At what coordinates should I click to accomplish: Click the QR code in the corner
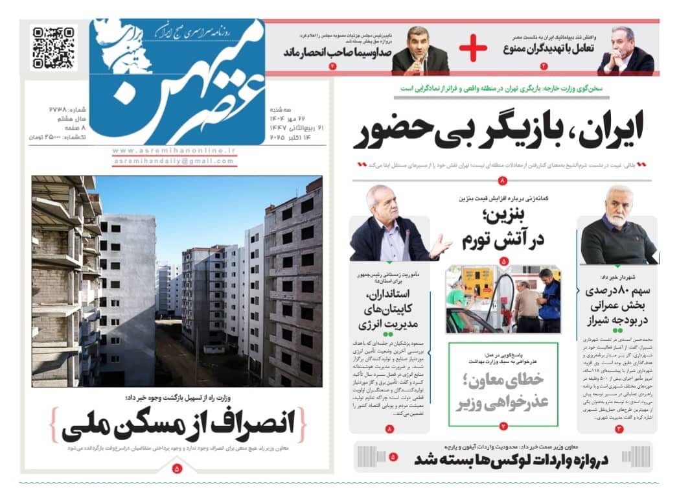(54, 47)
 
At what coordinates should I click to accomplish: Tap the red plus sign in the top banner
(472, 48)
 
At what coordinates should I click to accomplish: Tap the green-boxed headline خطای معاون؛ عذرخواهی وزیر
(503, 391)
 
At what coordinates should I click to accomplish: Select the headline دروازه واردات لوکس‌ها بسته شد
(512, 460)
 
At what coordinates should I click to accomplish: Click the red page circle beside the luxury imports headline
(393, 458)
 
